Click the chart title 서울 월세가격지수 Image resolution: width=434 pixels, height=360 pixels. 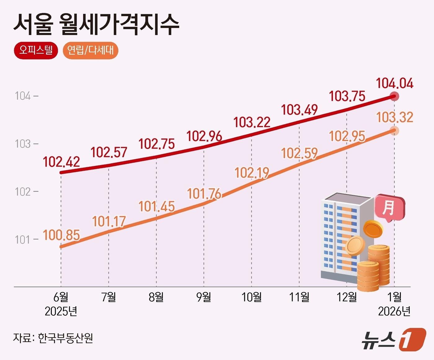(x=96, y=24)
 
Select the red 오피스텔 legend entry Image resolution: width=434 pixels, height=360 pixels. (x=36, y=50)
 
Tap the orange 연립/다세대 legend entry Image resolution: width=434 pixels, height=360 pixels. (x=91, y=50)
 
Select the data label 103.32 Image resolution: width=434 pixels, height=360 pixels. (x=394, y=117)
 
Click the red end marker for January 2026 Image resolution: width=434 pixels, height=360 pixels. (x=394, y=97)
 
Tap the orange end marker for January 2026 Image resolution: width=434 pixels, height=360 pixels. (x=394, y=131)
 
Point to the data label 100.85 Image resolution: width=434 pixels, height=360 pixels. (x=61, y=235)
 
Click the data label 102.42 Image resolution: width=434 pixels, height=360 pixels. (x=61, y=162)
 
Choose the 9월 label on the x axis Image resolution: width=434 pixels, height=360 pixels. (x=204, y=297)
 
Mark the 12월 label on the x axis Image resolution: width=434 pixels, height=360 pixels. (x=347, y=297)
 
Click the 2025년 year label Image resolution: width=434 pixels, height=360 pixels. (x=61, y=311)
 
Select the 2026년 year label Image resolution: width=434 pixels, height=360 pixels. (x=394, y=311)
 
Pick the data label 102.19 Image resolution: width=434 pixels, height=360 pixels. (x=252, y=173)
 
